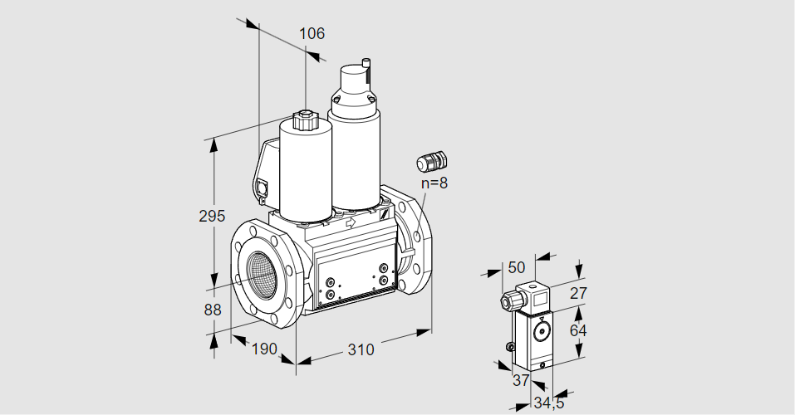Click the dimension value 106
(312, 34)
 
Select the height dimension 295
(212, 217)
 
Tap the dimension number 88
(212, 310)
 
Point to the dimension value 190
(263, 349)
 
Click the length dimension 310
(360, 349)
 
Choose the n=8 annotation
(434, 183)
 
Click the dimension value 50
(516, 267)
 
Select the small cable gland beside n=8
(431, 160)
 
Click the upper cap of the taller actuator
(355, 83)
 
